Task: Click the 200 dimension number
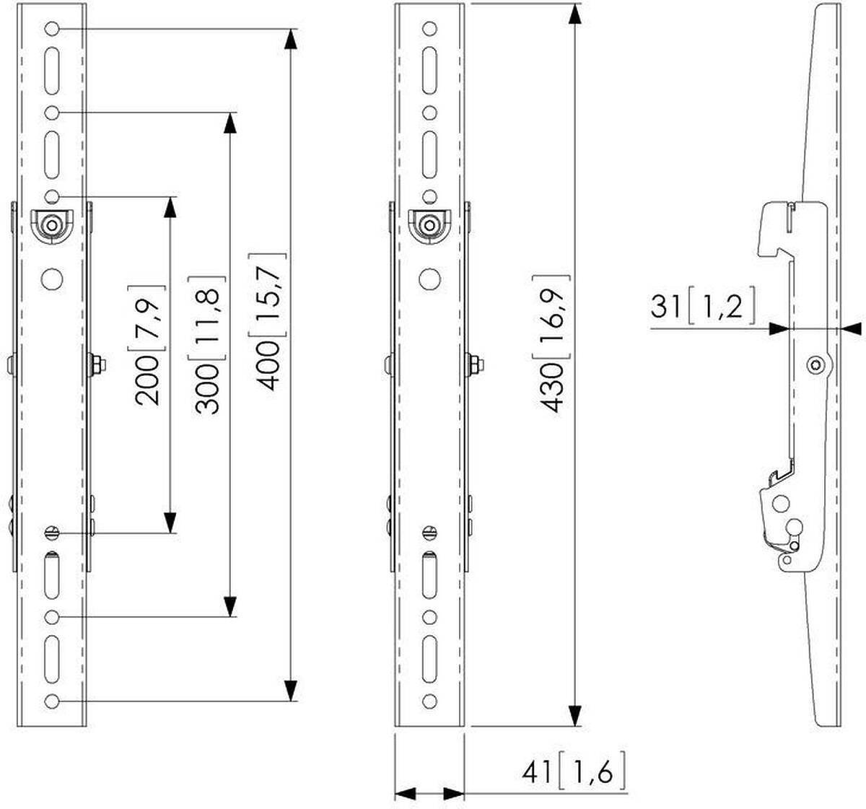pos(147,380)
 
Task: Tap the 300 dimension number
pos(206,388)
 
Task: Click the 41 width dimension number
pos(539,773)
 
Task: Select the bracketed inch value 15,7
pos(267,295)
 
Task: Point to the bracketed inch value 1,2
pos(721,305)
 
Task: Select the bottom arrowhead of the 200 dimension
pos(170,522)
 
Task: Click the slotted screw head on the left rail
pos(52,533)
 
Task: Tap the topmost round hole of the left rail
pos(52,29)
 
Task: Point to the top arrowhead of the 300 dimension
pos(229,123)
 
